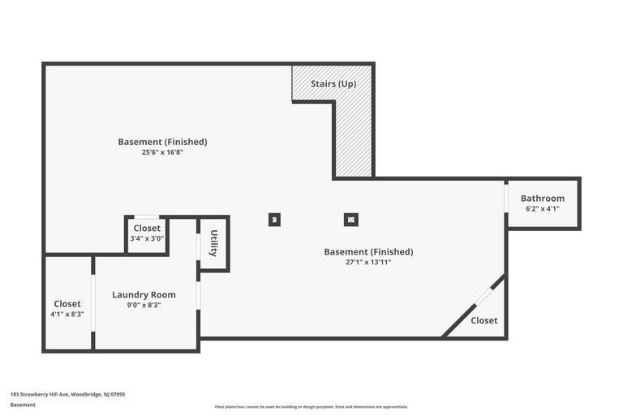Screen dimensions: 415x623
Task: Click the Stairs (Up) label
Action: click(x=333, y=83)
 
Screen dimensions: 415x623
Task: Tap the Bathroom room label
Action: click(x=543, y=199)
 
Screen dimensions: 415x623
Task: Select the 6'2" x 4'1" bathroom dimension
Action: click(x=543, y=209)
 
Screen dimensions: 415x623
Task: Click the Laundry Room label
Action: click(x=144, y=295)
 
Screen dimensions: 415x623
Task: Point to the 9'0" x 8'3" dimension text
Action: click(x=144, y=306)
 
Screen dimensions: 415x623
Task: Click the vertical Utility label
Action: click(x=214, y=243)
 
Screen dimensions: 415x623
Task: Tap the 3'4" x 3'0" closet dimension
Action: click(x=147, y=238)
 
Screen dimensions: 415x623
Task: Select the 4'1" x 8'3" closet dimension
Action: click(x=67, y=314)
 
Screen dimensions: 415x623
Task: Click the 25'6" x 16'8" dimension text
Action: click(x=162, y=152)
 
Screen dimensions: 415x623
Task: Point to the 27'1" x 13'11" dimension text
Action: click(x=368, y=262)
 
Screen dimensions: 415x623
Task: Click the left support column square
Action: click(x=274, y=219)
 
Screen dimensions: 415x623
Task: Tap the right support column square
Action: click(x=350, y=219)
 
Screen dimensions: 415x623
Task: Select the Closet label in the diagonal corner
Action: click(x=484, y=321)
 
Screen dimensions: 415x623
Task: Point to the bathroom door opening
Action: click(x=506, y=198)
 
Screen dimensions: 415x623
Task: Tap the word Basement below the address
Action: click(x=23, y=404)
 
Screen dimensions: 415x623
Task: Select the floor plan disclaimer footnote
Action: click(x=311, y=407)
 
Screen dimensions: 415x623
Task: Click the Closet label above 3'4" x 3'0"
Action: click(x=147, y=229)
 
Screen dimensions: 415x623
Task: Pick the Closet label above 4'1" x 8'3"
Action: click(x=67, y=304)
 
